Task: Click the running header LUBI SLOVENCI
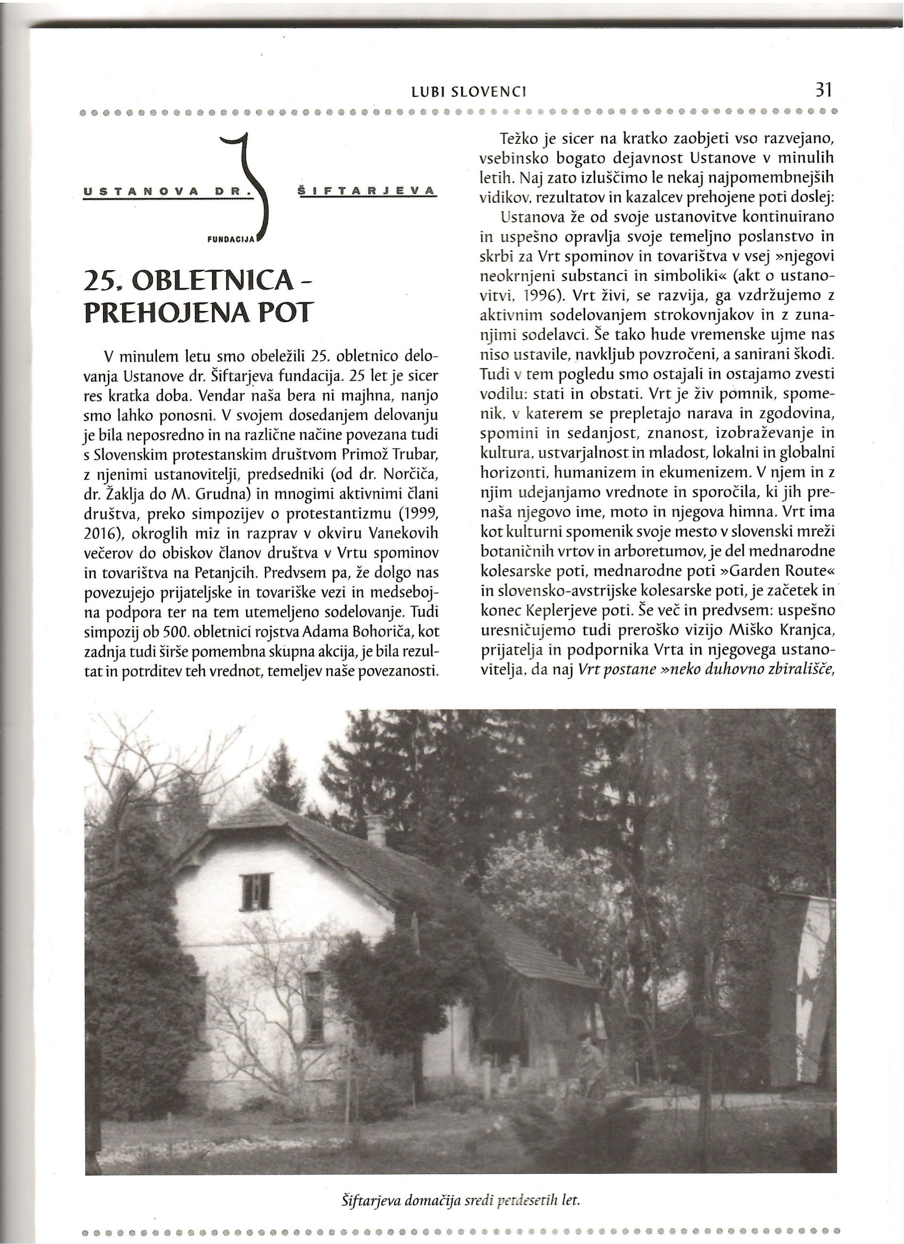point(469,93)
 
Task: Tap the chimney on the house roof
point(376,830)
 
